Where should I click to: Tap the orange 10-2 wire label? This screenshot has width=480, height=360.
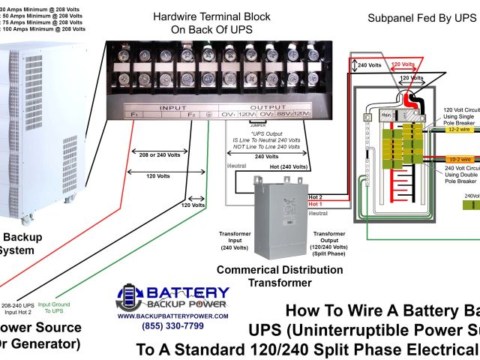[458, 159]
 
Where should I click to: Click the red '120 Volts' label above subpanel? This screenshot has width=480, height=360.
[403, 64]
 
